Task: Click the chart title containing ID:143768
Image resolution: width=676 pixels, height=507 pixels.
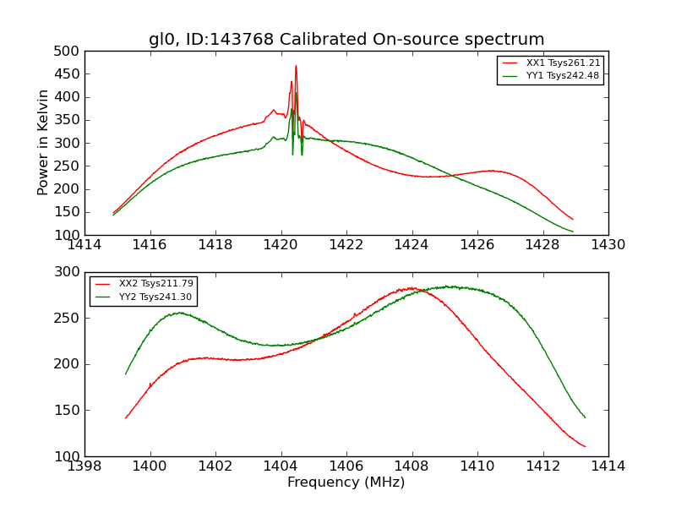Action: point(346,40)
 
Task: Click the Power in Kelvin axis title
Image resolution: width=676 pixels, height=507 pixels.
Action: point(44,143)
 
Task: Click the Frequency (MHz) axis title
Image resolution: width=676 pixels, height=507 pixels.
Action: point(346,482)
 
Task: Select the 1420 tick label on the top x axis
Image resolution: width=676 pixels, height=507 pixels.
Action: point(281,245)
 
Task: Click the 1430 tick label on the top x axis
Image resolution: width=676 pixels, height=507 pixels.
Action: point(608,245)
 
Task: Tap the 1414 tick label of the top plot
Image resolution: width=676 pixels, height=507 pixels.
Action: point(85,245)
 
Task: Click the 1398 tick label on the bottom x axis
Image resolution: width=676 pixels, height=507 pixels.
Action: point(85,466)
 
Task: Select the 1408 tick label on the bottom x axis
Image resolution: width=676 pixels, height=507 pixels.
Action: point(412,466)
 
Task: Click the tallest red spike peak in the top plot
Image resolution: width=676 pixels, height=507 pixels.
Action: point(296,66)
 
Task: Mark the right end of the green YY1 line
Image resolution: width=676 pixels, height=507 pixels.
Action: point(573,232)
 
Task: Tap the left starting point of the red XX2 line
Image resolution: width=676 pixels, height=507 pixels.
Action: point(126,417)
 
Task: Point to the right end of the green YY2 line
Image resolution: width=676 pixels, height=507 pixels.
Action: point(585,417)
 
